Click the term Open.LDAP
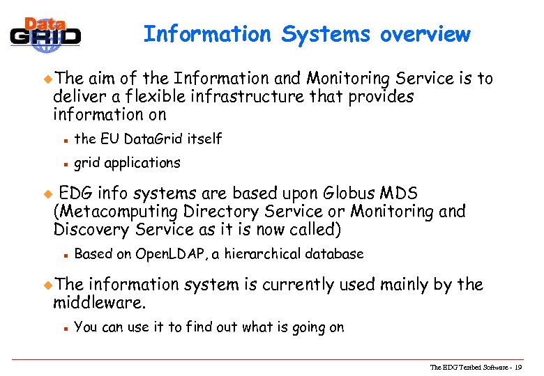[170, 254]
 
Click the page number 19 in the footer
[517, 367]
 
